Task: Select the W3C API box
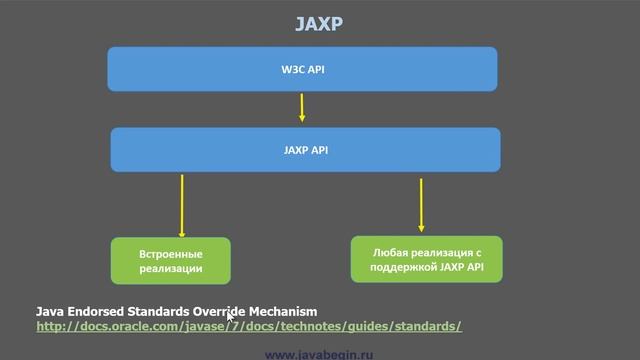303,69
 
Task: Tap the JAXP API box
304,150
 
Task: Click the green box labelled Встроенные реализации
170,260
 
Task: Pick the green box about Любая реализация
426,258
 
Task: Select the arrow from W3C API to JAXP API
302,107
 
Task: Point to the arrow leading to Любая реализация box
421,205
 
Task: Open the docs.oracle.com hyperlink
248,326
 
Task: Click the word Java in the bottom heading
50,312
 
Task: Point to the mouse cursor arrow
231,318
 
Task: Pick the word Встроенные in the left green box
170,253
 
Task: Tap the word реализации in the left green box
170,268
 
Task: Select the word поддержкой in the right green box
403,265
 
